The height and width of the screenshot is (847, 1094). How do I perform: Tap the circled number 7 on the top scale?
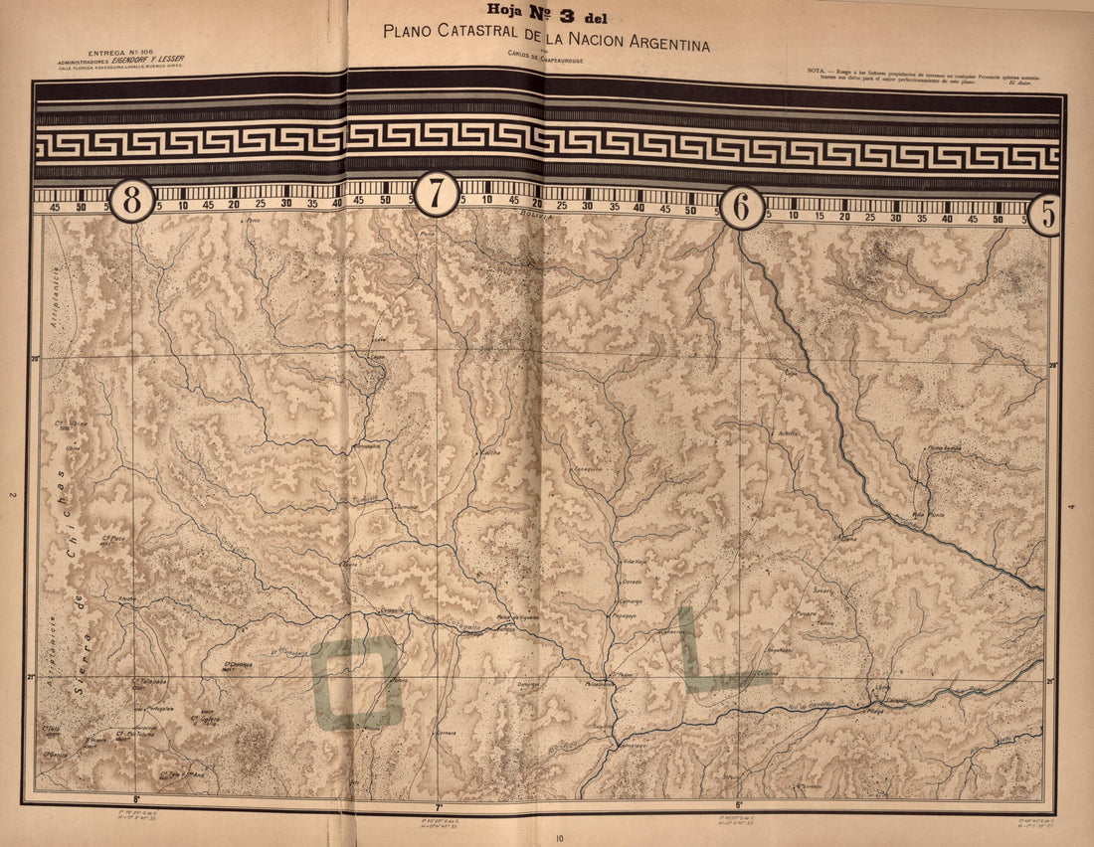coord(436,194)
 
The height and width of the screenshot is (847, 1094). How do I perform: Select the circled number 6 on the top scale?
coord(742,208)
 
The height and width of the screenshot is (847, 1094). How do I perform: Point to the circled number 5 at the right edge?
coord(1045,215)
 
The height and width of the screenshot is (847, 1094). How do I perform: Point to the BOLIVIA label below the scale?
coord(534,214)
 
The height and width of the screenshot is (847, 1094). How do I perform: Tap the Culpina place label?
coord(767,673)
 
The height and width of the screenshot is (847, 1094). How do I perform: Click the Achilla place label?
coord(789,433)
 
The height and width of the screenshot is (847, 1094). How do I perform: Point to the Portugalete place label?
coord(161,708)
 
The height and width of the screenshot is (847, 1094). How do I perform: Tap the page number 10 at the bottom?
coord(560,839)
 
